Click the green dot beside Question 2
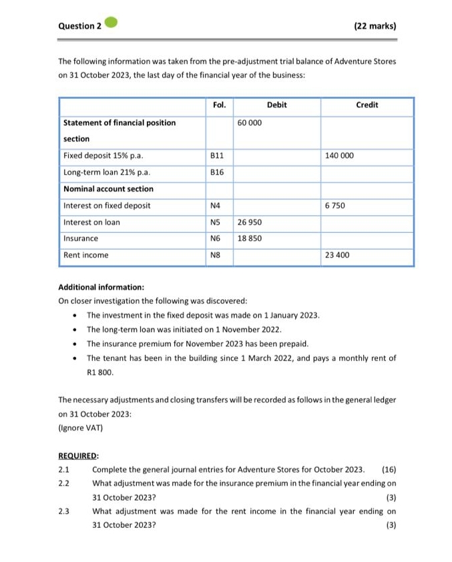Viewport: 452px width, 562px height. pos(111,24)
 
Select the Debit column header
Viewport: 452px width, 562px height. pos(276,105)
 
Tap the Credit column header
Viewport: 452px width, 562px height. pos(367,105)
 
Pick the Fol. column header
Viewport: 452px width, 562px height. pos(219,105)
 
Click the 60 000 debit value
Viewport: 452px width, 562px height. pos(250,123)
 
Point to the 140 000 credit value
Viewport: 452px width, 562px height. pos(339,156)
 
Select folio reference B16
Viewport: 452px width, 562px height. pos(217,172)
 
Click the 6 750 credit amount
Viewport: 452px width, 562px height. pos(334,206)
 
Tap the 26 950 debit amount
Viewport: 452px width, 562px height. pos(250,222)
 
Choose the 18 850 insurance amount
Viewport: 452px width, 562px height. pos(250,238)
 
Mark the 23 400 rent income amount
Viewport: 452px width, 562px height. pos(337,255)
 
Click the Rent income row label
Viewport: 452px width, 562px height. pos(85,255)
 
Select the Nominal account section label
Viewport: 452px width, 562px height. pos(108,189)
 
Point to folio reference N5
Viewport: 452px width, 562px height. pos(215,222)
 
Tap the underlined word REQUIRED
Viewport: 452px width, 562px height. pos(79,456)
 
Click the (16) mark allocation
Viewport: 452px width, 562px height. pos(389,469)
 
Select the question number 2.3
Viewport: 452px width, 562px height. pos(64,511)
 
